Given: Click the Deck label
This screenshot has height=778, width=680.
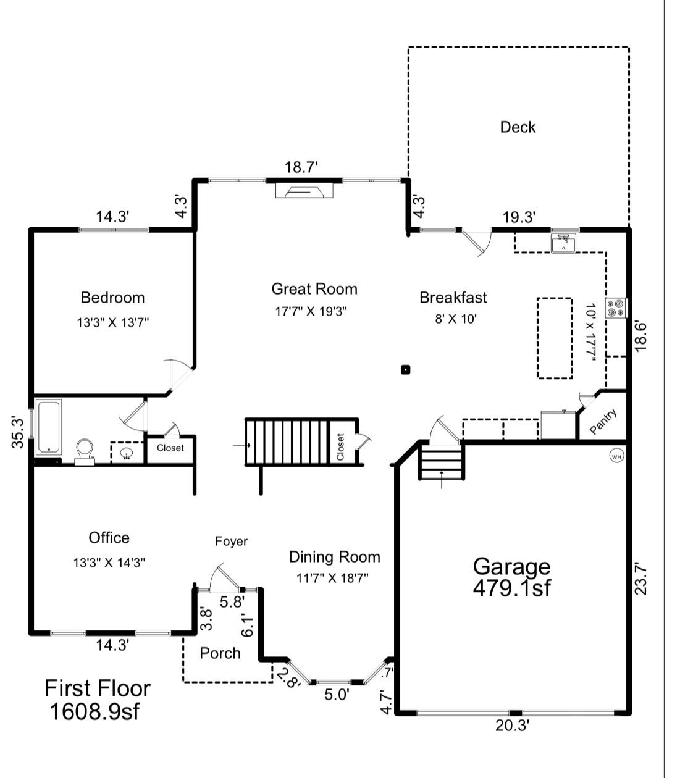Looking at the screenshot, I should [518, 127].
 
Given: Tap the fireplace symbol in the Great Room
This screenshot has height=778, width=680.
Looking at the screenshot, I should [304, 191].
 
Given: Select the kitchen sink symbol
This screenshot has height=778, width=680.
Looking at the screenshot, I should [563, 243].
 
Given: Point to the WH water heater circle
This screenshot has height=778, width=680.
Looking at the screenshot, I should [616, 456].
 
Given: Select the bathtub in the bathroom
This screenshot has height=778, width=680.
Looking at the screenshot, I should [48, 427].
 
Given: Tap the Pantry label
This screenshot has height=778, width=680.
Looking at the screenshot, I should [603, 422].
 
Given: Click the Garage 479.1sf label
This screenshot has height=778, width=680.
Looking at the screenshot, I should [511, 577].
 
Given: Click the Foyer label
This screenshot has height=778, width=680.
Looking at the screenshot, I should [231, 542].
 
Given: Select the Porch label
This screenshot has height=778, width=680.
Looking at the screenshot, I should [220, 653].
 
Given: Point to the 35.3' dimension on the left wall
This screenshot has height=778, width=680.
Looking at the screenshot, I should [19, 432].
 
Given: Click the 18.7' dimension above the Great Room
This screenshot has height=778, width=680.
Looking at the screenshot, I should [301, 167].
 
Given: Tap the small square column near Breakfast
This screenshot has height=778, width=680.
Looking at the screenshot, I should [406, 370].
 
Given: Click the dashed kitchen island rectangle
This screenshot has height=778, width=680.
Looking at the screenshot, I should [554, 338].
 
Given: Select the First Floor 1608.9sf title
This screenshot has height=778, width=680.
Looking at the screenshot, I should [97, 700].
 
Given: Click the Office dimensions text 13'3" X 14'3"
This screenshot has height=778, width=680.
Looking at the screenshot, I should [109, 563].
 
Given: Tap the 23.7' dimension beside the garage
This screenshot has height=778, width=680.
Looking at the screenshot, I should [641, 578].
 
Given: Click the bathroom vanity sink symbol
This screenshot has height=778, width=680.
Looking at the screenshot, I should [127, 454].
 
